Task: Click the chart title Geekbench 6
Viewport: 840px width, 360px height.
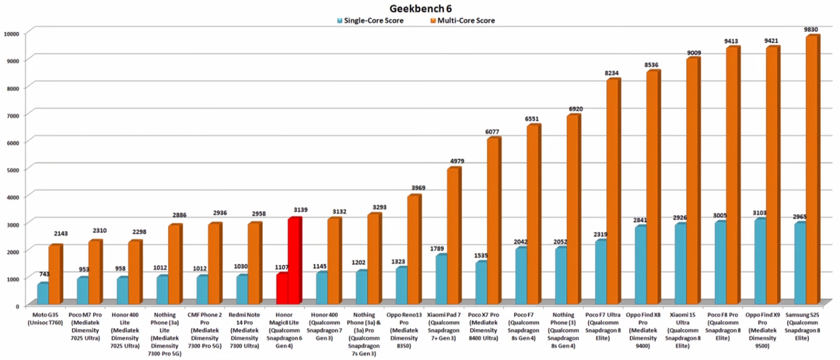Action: [420, 8]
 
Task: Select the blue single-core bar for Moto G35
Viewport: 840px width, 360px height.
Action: [43, 293]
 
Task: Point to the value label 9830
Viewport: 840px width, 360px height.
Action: [811, 30]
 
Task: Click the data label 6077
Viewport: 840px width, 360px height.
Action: [492, 132]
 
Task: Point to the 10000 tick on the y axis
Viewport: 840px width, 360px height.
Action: [12, 34]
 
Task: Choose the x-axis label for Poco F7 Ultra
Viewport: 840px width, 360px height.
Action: [603, 326]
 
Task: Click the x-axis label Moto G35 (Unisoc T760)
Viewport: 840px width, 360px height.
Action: [45, 319]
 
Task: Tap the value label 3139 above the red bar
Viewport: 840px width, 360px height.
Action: [301, 210]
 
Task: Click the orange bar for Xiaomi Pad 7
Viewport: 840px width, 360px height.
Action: [453, 236]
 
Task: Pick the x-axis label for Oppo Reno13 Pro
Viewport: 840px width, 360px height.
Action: [404, 331]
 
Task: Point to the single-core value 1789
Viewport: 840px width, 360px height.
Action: [437, 249]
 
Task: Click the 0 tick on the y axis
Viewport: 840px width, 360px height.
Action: [17, 306]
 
